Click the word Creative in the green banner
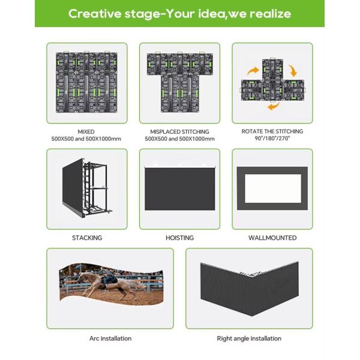click(95, 14)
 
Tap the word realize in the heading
click(271, 14)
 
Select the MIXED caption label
click(86, 132)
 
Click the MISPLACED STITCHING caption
click(179, 132)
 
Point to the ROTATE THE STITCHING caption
click(272, 131)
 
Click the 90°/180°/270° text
click(272, 139)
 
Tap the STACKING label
click(87, 238)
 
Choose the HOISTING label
click(179, 238)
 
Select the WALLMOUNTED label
click(272, 238)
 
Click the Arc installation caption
click(110, 338)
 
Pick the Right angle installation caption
click(249, 338)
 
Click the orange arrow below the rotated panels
click(274, 106)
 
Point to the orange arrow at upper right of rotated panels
click(293, 70)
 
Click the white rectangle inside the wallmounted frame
click(273, 188)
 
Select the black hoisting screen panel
click(180, 189)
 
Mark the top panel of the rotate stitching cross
click(272, 70)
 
